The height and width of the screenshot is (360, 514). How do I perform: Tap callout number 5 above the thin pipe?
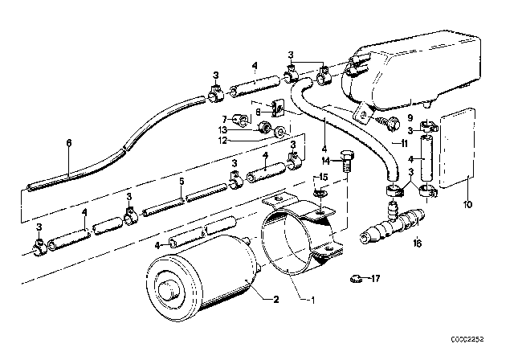[182, 182]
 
